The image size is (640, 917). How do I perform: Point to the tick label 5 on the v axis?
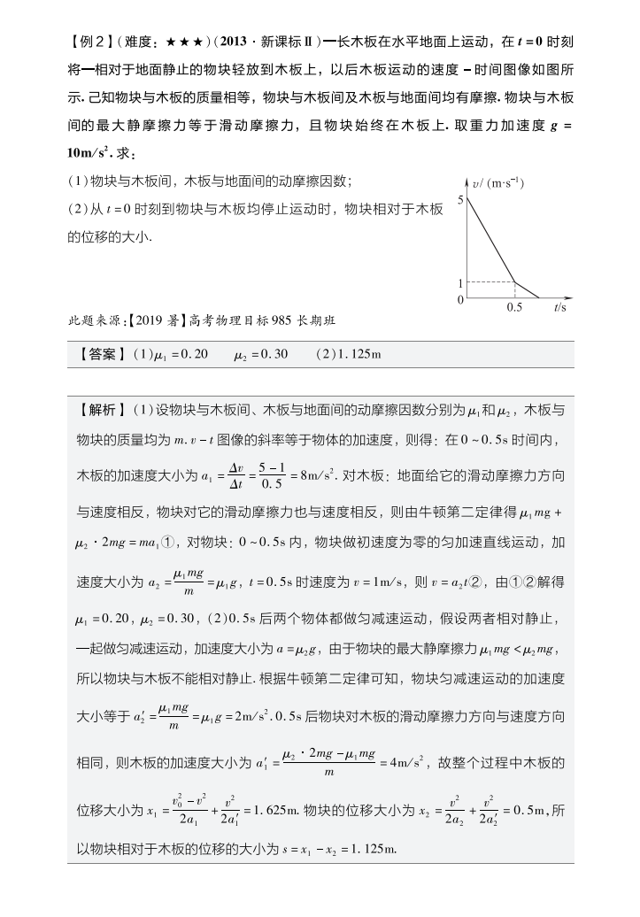tap(460, 200)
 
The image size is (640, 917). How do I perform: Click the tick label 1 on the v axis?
tap(460, 283)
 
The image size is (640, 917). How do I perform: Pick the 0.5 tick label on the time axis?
tap(514, 309)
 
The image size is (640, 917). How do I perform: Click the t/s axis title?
tap(560, 309)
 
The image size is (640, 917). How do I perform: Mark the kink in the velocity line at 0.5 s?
tap(515, 282)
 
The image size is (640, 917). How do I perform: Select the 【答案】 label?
tap(103, 354)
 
